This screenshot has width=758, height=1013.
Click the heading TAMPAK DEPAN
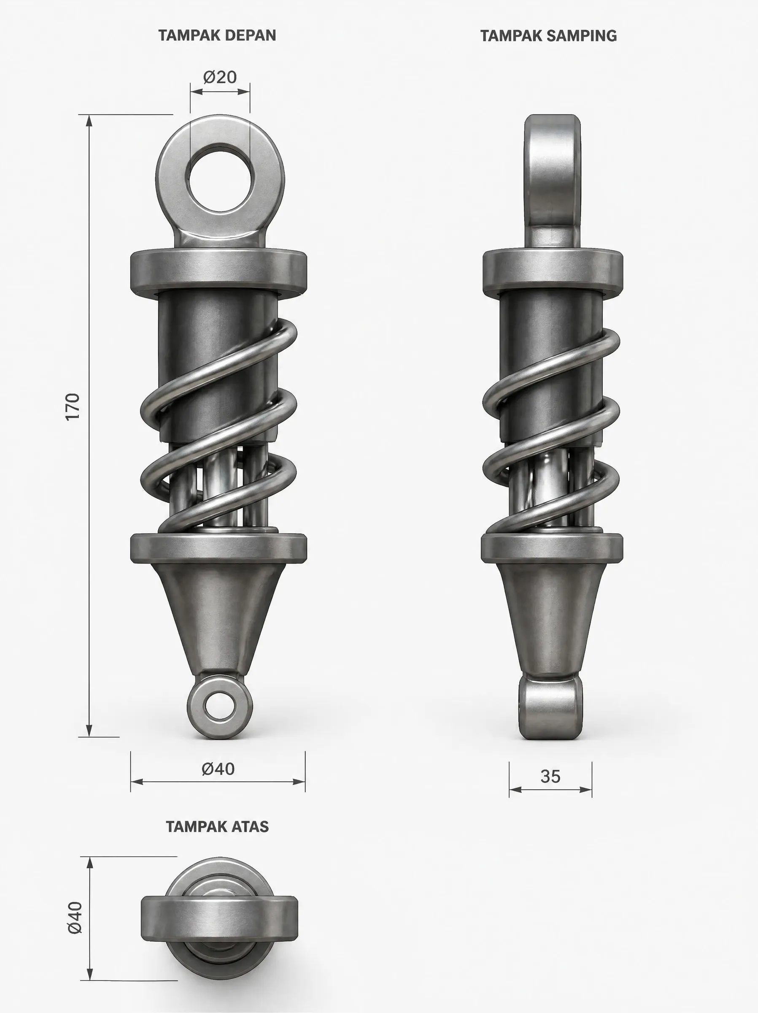217,35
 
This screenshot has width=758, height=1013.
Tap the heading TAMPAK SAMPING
548,35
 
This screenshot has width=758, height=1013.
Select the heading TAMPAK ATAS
217,826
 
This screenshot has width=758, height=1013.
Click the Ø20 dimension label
220,77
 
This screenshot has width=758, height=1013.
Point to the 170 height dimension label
73,406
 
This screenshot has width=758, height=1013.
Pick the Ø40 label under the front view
218,769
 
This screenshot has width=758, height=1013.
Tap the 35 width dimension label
550,777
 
